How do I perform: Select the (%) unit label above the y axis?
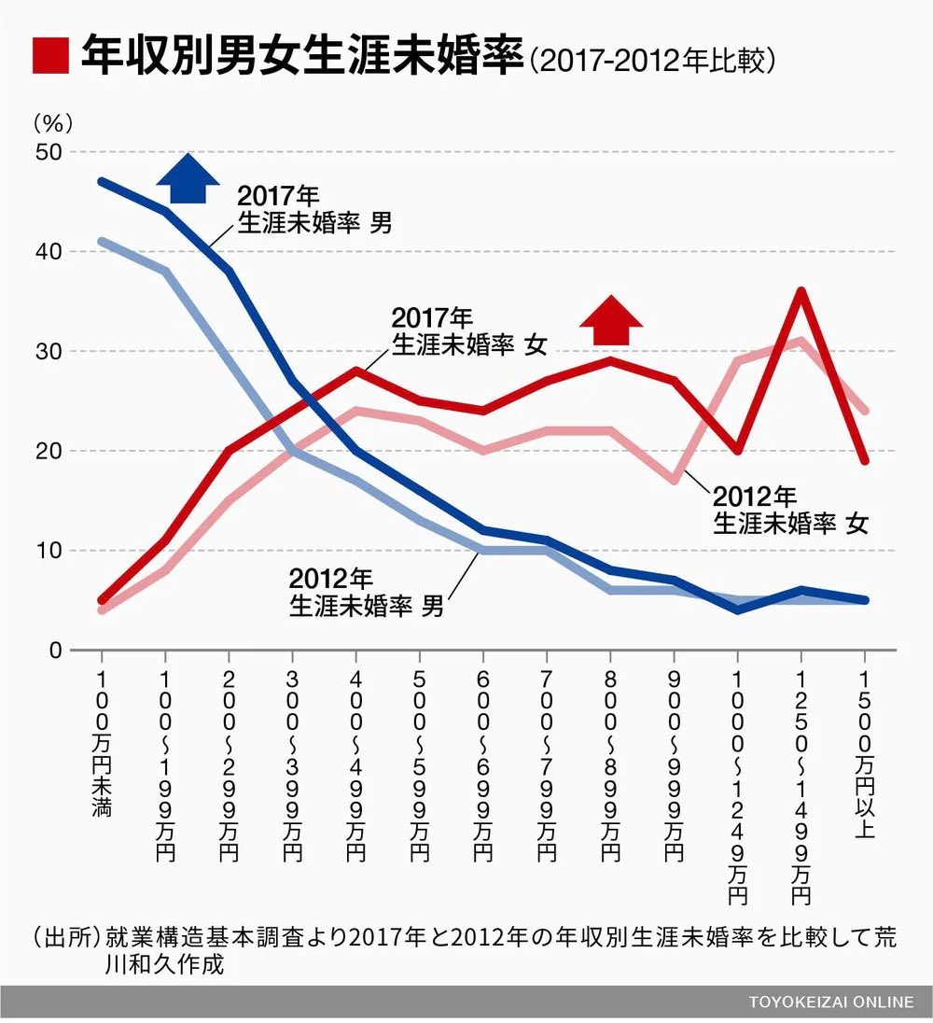(x=52, y=122)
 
